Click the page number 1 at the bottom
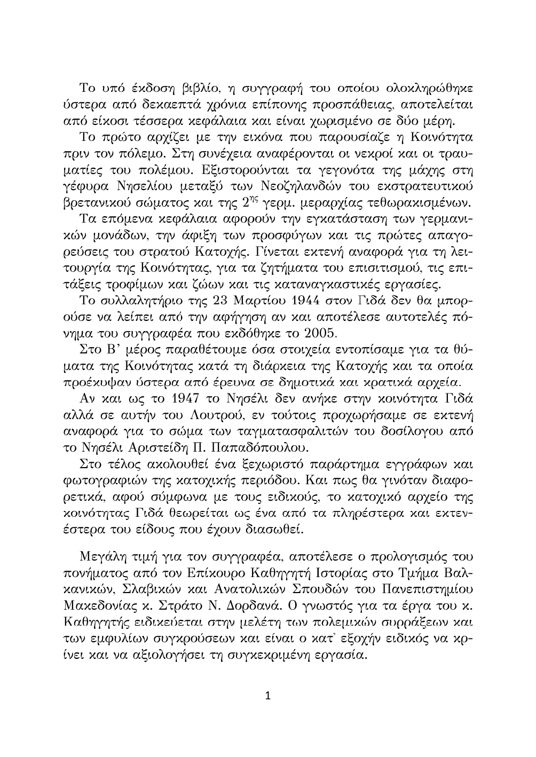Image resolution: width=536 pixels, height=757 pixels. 268,696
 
